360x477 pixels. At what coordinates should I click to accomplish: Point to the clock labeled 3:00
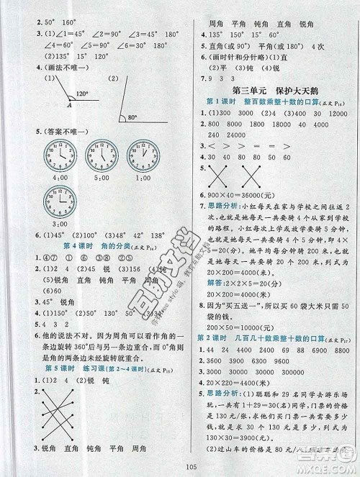59,201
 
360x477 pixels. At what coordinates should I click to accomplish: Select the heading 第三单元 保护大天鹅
272,90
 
